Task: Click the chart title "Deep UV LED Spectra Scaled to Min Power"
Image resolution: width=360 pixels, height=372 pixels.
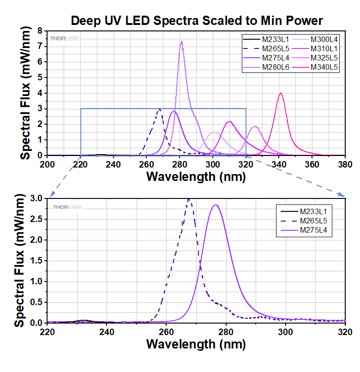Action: point(196,21)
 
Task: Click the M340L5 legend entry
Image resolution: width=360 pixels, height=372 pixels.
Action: point(324,68)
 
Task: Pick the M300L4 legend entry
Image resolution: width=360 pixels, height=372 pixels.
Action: point(324,39)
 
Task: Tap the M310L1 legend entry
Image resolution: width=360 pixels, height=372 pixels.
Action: point(324,48)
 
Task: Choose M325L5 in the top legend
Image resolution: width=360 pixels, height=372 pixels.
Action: point(324,58)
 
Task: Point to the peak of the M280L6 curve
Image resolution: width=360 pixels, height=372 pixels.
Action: point(182,42)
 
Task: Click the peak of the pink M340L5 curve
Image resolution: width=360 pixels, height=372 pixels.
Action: point(280,93)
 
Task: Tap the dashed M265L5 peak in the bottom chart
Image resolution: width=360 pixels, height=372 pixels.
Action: point(189,199)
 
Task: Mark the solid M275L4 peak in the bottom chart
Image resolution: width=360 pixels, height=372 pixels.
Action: point(216,205)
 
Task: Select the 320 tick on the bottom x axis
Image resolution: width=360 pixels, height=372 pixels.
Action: point(345,331)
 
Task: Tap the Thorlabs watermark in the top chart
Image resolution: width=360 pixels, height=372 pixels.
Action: point(64,38)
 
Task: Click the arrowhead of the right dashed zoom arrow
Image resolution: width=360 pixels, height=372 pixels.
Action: point(343,195)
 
